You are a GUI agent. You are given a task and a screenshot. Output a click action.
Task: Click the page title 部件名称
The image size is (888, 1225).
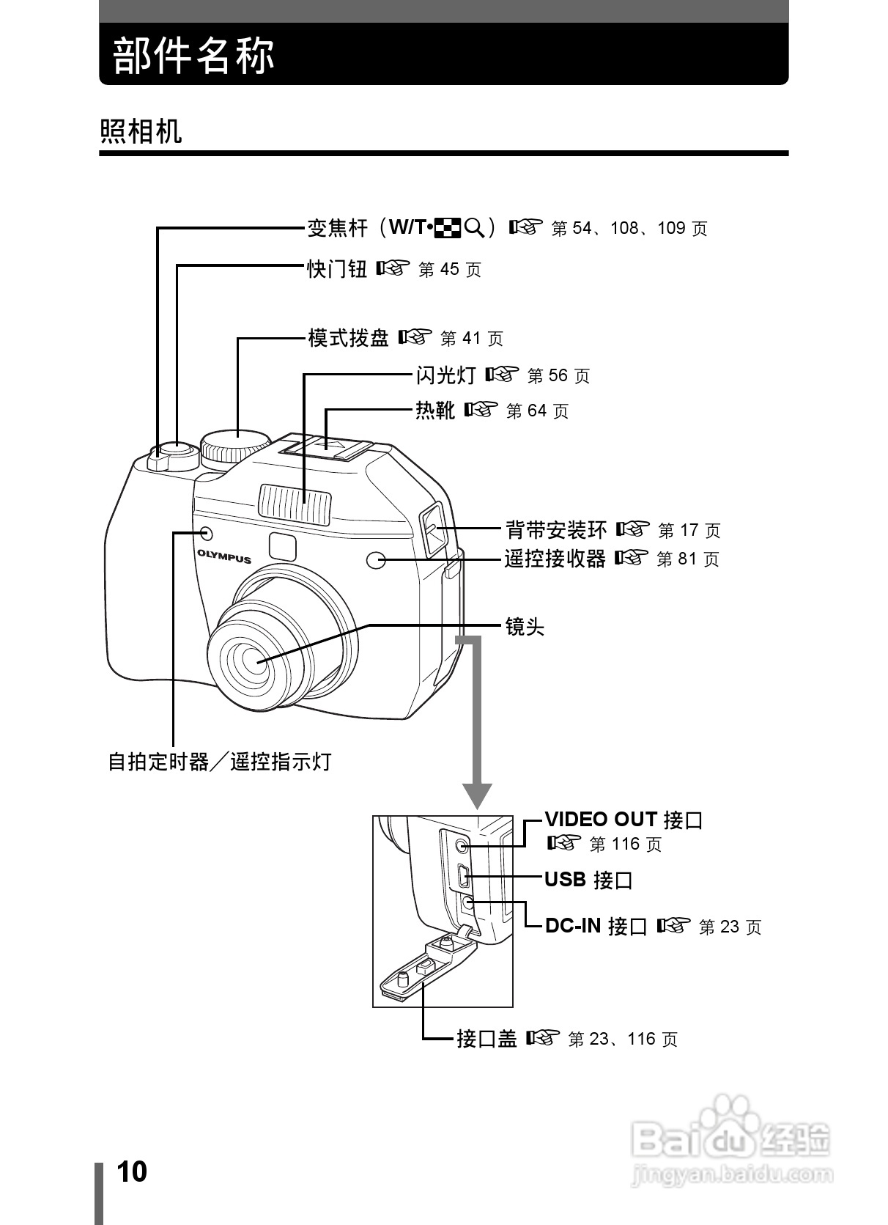click(x=194, y=56)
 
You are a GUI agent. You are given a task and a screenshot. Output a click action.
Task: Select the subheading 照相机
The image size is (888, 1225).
click(x=141, y=132)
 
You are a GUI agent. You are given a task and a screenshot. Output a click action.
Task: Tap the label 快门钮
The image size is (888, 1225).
click(x=337, y=269)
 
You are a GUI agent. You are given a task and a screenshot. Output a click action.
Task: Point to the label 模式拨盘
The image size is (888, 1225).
click(x=348, y=338)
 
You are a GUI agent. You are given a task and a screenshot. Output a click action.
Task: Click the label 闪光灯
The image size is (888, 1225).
click(x=445, y=375)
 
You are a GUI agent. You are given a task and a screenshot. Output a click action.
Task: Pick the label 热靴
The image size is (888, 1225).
click(x=435, y=411)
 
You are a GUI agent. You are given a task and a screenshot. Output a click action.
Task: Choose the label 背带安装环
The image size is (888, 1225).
click(x=556, y=529)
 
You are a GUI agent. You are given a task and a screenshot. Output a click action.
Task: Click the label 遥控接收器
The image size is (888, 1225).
click(x=555, y=559)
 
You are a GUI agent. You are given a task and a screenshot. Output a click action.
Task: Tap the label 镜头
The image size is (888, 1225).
click(x=525, y=627)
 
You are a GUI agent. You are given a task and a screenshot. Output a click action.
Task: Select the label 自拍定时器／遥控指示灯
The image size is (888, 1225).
click(x=220, y=762)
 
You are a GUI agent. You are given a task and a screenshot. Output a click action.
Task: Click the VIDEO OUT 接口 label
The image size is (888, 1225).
click(x=624, y=820)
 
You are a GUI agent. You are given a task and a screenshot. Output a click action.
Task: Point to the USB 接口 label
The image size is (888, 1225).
click(x=588, y=879)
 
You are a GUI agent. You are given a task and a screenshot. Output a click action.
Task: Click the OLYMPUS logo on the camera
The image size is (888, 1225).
click(x=223, y=557)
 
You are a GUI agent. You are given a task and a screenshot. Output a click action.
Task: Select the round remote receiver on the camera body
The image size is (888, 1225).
click(x=375, y=561)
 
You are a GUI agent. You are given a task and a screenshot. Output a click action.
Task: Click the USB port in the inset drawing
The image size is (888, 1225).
click(x=463, y=875)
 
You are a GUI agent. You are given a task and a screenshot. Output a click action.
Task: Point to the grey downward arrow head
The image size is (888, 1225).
click(x=477, y=795)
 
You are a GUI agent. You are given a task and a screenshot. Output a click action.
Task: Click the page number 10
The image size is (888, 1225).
click(x=132, y=1171)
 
